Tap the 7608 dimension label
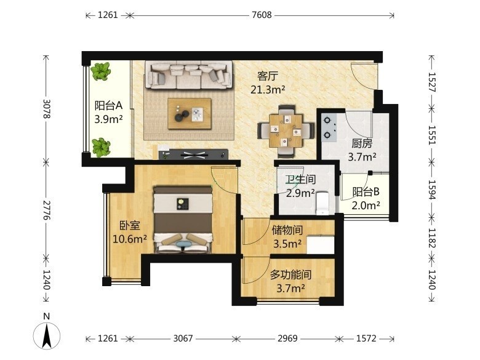pos(262,15)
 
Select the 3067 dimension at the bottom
pos(183,338)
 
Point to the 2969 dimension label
pos(287,338)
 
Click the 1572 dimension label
pos(366,338)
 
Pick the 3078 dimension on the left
pos(47,109)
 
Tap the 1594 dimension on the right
pos(431,190)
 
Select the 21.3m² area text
pos(268,90)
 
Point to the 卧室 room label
pos(130,226)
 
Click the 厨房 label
pos(362,143)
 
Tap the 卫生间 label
pos(300,180)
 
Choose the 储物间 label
pos(287,230)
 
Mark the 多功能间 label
pos(290,275)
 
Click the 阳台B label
pos(366,192)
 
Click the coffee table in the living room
pos(190,114)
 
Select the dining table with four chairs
pos(286,131)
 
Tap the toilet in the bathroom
pos(322,203)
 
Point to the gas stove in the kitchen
pos(329,127)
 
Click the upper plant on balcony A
pos(100,71)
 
